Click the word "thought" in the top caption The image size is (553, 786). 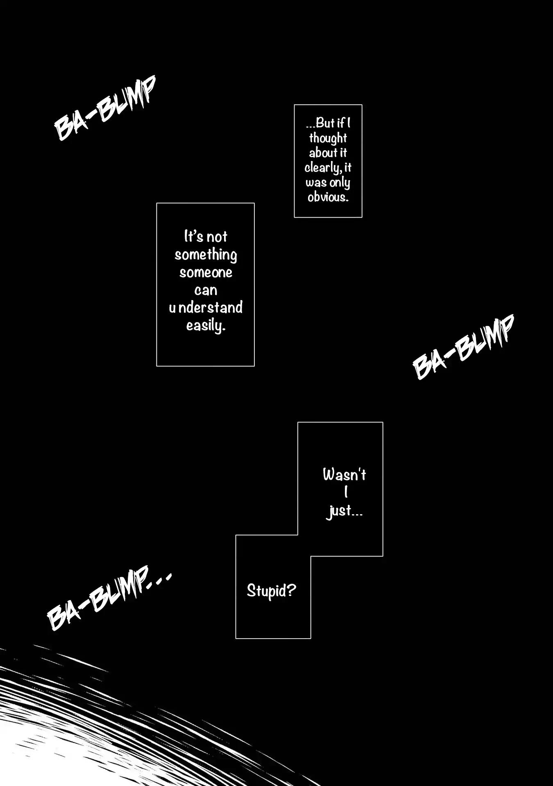(328, 138)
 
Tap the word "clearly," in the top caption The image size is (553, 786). (322, 168)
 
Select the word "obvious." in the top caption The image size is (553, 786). (328, 197)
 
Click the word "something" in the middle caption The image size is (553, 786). (206, 255)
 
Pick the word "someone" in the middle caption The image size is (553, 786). (206, 273)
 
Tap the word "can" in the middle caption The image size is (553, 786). (206, 290)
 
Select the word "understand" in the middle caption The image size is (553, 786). (206, 307)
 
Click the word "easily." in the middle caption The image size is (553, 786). (206, 326)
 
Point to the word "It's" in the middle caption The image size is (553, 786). (194, 237)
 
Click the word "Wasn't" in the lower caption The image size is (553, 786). (344, 475)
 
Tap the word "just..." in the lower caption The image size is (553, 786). (344, 511)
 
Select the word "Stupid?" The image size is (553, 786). (271, 590)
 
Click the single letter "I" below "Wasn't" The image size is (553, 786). (346, 492)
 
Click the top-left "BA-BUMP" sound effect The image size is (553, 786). (105, 108)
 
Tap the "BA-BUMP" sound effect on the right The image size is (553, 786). (463, 347)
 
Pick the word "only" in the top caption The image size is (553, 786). (340, 183)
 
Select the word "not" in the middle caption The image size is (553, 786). (217, 237)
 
